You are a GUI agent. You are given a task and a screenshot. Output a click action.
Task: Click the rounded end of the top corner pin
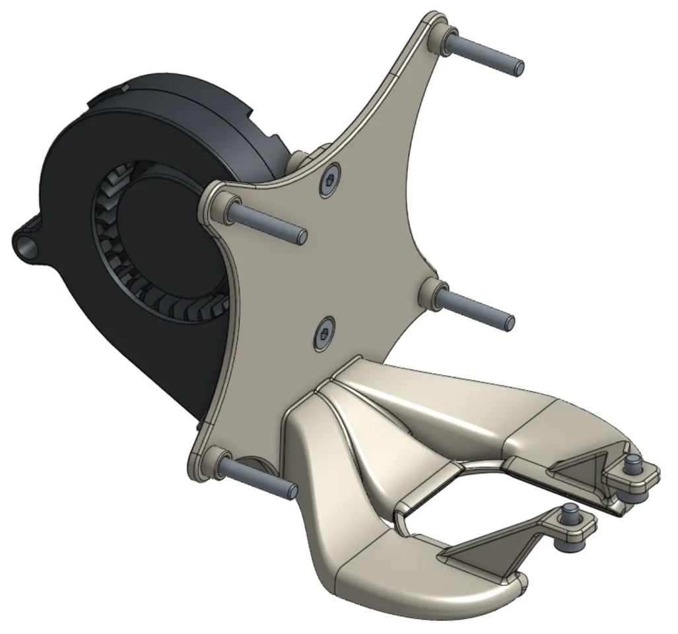[x=518, y=67]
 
